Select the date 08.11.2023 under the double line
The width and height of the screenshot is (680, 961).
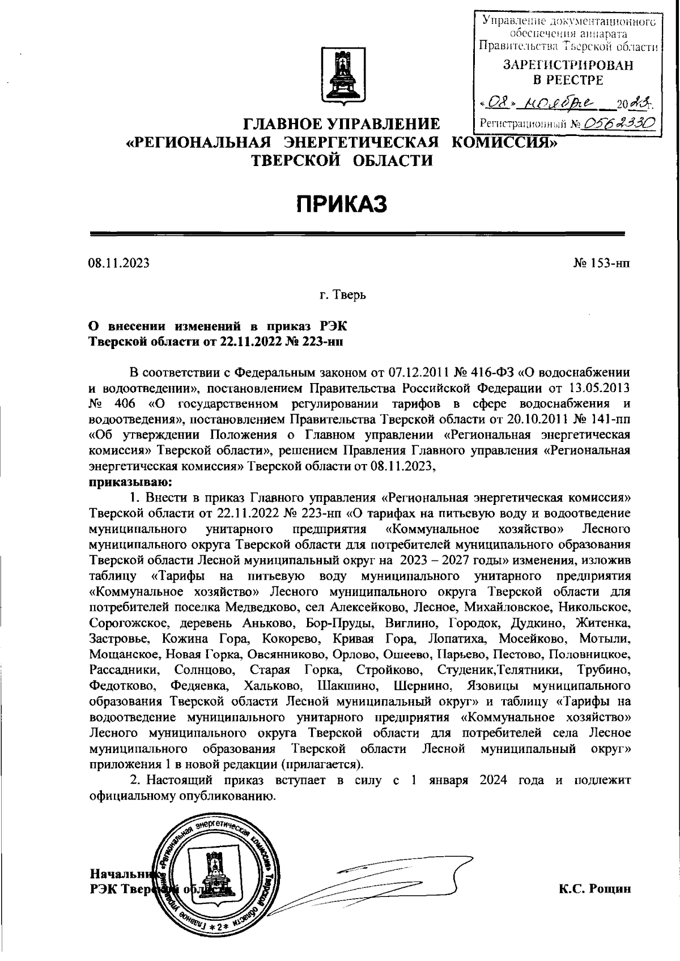click(118, 263)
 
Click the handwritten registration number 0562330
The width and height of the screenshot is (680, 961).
click(622, 122)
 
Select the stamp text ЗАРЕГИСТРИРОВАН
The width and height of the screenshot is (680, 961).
click(568, 65)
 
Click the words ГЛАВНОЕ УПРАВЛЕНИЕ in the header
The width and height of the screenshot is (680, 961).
click(342, 124)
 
